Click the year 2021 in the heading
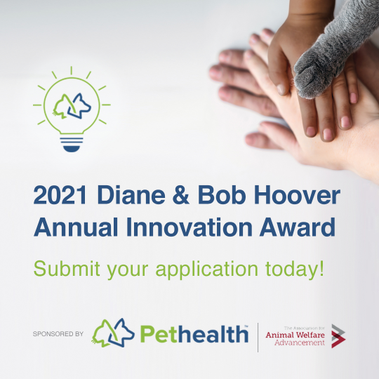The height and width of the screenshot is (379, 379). (x=60, y=195)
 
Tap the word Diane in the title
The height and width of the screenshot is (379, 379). (x=131, y=195)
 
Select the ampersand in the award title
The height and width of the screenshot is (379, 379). (x=181, y=195)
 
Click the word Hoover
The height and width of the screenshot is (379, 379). (x=297, y=195)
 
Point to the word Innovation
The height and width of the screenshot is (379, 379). (x=189, y=227)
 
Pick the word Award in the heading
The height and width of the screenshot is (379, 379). (x=298, y=227)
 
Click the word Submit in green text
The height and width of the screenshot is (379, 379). (x=67, y=269)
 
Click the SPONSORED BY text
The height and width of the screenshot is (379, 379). (x=58, y=334)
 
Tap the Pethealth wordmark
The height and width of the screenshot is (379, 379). (x=194, y=334)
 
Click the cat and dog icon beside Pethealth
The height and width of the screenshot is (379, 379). (x=113, y=333)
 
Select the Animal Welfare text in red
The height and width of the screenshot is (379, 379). (x=295, y=335)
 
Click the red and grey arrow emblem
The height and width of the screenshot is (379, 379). (x=338, y=336)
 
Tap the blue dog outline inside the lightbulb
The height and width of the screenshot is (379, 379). (x=79, y=106)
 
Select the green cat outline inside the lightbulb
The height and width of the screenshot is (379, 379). (x=62, y=107)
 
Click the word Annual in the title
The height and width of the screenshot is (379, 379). (x=76, y=227)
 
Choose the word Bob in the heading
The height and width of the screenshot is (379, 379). (x=222, y=195)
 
